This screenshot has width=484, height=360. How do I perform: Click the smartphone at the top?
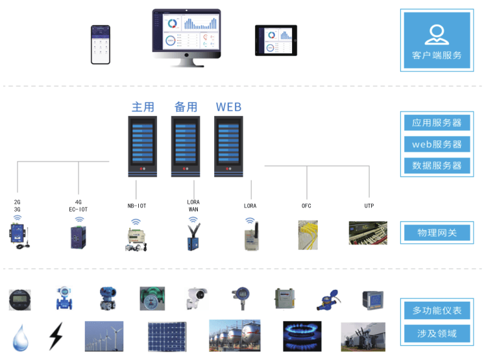pos(100,45)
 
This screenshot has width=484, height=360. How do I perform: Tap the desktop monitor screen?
pos(186,30)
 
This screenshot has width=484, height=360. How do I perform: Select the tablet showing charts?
pos(276,41)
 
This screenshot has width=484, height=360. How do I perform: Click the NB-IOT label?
pos(137,206)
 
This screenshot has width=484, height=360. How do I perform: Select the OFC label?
pos(307,206)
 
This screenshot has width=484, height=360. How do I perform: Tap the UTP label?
pos(369,206)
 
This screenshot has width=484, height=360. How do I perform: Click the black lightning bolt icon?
pos(56,337)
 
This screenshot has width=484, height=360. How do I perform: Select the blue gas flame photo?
pos(302,336)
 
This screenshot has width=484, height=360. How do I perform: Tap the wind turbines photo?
pos(104,336)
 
